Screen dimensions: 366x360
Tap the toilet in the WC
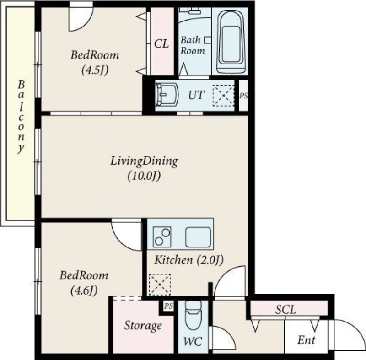(x=193, y=315)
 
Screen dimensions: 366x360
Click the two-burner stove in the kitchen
(x=162, y=237)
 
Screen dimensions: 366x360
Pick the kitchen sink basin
(x=199, y=237)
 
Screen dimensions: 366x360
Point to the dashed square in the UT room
(x=223, y=96)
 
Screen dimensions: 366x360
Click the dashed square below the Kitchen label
(x=160, y=285)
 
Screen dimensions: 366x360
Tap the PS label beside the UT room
(x=244, y=96)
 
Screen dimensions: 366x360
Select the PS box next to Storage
(x=168, y=306)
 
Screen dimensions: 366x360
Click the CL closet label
(x=161, y=43)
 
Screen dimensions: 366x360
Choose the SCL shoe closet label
(x=285, y=310)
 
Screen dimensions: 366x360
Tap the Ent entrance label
(x=306, y=340)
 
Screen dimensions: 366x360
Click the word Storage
(x=143, y=326)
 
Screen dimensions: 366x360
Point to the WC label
(x=193, y=342)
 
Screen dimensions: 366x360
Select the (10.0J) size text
(x=144, y=176)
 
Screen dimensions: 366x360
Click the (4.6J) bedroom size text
(x=84, y=290)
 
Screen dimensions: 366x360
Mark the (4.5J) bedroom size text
(x=95, y=70)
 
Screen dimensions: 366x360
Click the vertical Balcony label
(x=21, y=117)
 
